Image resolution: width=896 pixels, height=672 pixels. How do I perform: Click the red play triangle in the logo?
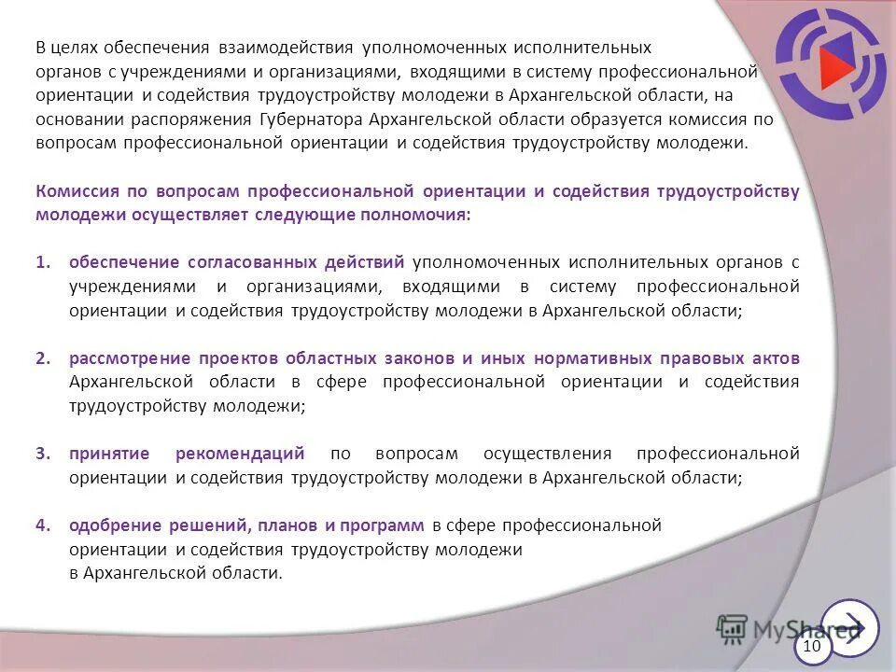click(836, 63)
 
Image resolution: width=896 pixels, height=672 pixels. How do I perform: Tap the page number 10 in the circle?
click(812, 646)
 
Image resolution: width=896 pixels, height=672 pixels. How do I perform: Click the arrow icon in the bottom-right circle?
click(850, 626)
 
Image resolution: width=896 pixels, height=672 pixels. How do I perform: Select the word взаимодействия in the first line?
click(286, 47)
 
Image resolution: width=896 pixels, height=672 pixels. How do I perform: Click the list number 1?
click(42, 263)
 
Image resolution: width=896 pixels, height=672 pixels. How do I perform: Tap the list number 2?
click(42, 358)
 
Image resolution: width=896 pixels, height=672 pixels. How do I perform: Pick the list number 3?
click(42, 454)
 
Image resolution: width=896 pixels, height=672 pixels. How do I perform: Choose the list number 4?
click(42, 525)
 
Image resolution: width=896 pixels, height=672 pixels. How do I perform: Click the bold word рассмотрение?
click(130, 358)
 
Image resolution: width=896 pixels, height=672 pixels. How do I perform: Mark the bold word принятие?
click(109, 454)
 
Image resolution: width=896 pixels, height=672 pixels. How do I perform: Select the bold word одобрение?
click(115, 525)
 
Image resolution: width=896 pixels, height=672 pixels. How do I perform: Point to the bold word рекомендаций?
click(240, 454)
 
